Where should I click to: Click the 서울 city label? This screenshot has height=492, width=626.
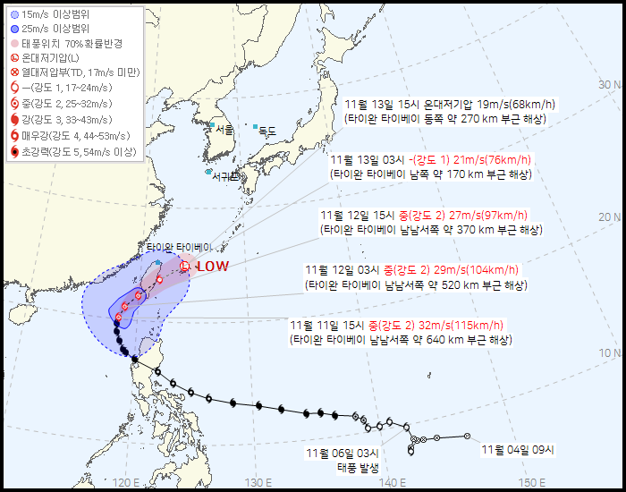224,130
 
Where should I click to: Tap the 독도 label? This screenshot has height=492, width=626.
267,131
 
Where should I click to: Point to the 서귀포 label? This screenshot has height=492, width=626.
226,176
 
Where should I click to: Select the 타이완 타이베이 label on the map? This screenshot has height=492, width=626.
181,246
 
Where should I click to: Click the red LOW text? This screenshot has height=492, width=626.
213,267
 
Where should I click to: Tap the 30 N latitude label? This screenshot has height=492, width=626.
611,85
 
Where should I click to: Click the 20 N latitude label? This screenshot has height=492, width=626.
611,217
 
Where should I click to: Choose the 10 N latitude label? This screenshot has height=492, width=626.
611,352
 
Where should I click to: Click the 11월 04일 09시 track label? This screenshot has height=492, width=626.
518,449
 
